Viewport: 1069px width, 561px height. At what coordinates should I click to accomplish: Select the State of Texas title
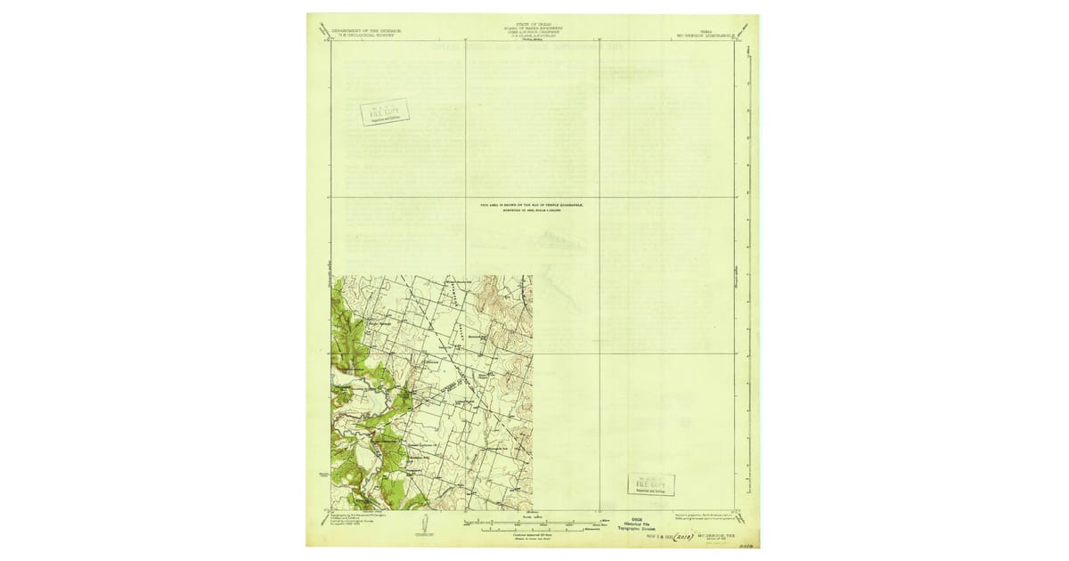pos(533,26)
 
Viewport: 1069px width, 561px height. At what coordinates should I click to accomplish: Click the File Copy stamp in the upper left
pos(384,112)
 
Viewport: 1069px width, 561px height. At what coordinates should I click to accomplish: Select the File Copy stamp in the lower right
pos(650,484)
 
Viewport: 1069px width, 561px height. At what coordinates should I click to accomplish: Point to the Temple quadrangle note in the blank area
pos(533,207)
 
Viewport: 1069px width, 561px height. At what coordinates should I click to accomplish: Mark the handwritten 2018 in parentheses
pos(683,537)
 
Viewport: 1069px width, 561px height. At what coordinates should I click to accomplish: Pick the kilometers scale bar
pos(532,529)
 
